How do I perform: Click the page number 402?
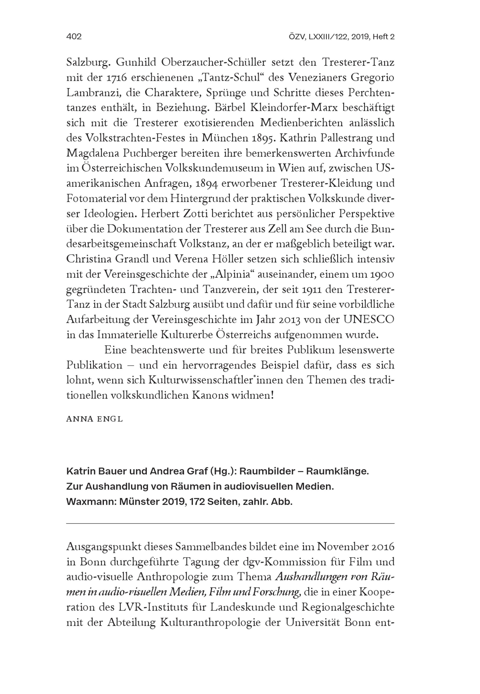(74, 37)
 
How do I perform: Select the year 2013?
(286, 320)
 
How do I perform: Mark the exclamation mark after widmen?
(272, 395)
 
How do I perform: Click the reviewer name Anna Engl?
(94, 419)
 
